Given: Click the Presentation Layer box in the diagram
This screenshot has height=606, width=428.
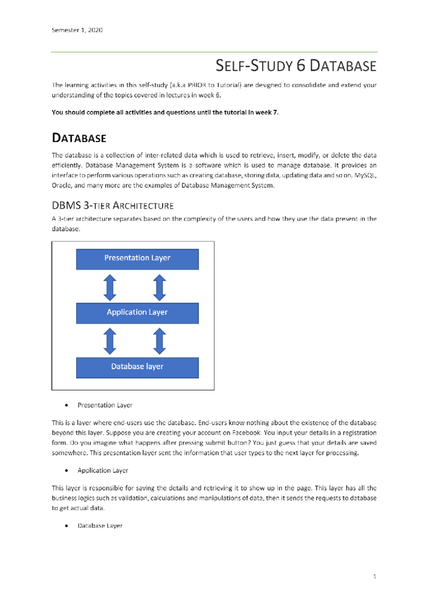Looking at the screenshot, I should coord(137,259).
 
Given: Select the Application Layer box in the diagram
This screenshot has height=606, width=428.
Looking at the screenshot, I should coord(137,313).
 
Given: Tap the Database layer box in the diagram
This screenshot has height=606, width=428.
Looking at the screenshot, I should coord(137,368).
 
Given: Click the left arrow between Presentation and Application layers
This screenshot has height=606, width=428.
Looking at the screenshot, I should coord(110,287).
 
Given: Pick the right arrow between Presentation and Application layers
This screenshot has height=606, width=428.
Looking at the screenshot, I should coord(159,287).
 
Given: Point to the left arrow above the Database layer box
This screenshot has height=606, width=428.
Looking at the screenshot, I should coord(110,341).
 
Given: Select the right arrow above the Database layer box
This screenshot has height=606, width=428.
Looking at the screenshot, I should coord(159,341).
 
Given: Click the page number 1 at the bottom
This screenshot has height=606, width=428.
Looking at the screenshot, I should coord(374,576).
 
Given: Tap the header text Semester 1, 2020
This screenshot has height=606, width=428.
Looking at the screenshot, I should coord(77,30).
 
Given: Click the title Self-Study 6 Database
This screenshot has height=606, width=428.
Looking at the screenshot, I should coord(296,66).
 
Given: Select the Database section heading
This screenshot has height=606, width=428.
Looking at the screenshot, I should coord(79,138).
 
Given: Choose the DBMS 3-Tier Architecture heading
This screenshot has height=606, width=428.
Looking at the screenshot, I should coord(113,206).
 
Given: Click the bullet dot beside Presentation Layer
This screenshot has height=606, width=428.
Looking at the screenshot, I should coord(67,405).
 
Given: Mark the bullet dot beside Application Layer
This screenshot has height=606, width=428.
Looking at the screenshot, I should coord(67,471).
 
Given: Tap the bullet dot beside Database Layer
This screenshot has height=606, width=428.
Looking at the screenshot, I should coord(67,526).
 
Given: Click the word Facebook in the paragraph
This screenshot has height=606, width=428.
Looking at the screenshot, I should coord(246,433).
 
